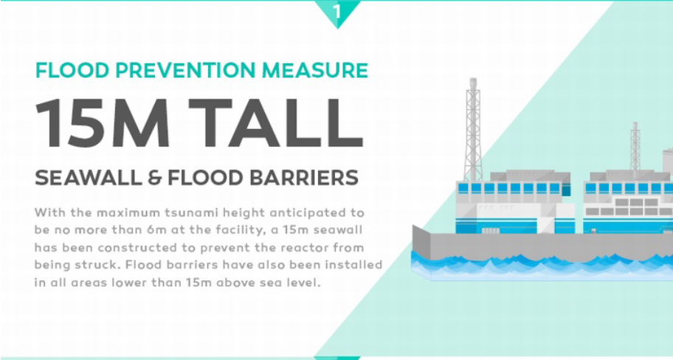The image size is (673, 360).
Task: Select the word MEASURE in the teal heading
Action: [x=315, y=70]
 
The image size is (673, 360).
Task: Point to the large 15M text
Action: [x=103, y=122]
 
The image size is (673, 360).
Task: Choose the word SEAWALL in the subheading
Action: [x=89, y=178]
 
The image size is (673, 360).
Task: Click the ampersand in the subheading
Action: [x=154, y=178]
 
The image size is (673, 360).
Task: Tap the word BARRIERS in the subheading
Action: [x=304, y=178]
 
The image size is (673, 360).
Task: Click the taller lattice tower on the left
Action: [x=473, y=129]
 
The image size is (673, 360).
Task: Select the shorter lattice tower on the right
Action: [x=635, y=147]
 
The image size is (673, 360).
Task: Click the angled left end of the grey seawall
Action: [x=421, y=241]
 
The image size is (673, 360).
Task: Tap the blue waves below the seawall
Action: [x=542, y=266]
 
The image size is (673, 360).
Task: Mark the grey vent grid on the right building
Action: [x=629, y=207]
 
